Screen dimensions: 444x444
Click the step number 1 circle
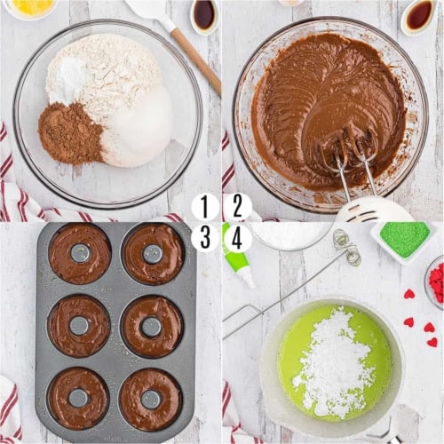click(x=205, y=207)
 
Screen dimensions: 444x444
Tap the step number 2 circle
click(x=237, y=207)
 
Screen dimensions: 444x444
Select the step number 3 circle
click(x=205, y=237)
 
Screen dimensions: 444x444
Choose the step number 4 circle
click(x=237, y=237)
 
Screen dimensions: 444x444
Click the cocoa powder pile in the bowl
click(x=70, y=132)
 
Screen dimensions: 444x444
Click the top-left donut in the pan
click(x=80, y=253)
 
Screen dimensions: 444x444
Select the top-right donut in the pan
click(x=153, y=254)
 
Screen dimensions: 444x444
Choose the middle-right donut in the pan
click(x=153, y=326)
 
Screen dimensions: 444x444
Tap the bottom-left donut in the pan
click(x=79, y=398)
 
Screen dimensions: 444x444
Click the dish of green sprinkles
click(x=404, y=241)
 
